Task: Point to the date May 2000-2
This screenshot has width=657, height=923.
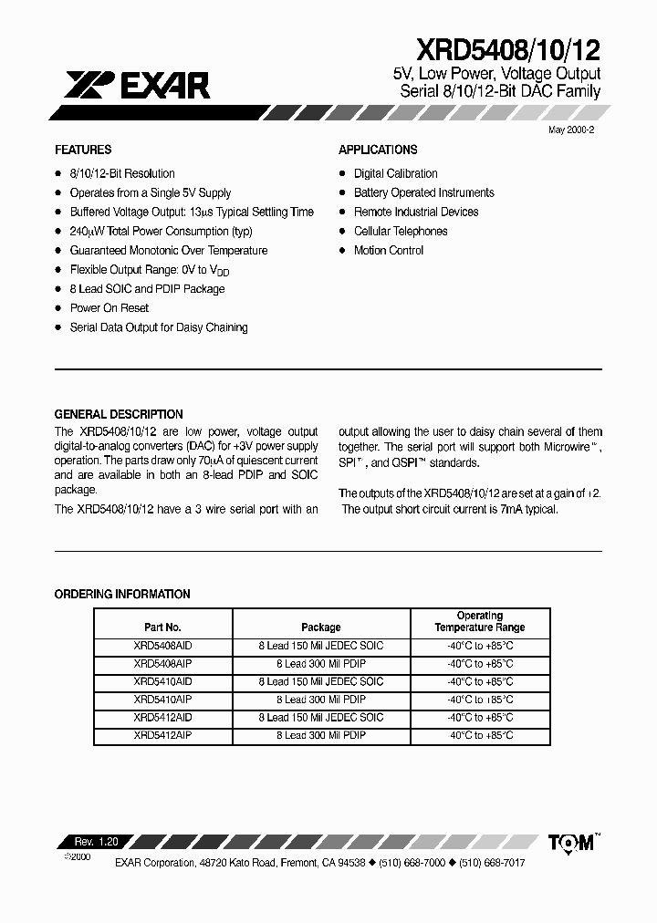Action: pos(571,131)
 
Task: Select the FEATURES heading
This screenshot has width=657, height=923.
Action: pos(83,150)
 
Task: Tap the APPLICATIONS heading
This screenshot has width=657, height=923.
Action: pos(378,150)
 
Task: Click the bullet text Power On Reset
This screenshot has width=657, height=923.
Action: pos(109,308)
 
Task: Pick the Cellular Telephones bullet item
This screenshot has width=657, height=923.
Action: pos(401,232)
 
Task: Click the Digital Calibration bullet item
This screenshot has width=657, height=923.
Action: pos(396,173)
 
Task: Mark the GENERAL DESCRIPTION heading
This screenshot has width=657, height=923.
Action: pos(119,414)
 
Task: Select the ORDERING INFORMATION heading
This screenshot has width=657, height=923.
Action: pos(122,594)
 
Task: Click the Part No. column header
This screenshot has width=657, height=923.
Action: pos(163,627)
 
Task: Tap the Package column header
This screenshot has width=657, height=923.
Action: pos(321,627)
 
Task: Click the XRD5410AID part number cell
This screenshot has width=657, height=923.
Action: pos(162,682)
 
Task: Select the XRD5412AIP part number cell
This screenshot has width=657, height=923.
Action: pos(162,735)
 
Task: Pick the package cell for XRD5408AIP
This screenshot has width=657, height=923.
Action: pos(321,664)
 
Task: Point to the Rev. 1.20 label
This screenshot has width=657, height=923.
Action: pos(90,841)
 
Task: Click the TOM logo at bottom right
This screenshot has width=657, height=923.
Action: pos(571,843)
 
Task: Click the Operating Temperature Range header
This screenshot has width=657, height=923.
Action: pos(480,621)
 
